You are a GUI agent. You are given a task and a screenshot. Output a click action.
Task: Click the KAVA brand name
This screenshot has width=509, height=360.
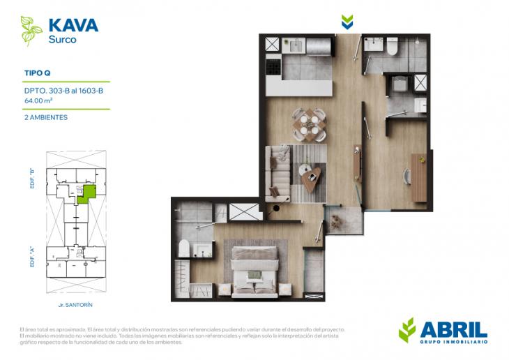click(73, 26)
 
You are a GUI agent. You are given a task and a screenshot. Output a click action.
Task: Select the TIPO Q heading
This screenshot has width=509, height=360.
click(38, 72)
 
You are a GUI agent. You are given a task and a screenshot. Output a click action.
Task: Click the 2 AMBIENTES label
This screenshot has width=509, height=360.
click(46, 117)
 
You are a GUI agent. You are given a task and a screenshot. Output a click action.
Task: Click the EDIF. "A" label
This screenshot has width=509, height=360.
click(33, 251)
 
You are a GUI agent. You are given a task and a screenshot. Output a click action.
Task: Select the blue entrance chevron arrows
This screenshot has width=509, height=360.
click(347, 22)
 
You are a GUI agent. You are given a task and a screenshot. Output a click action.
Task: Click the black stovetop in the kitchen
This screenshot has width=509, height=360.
click(272, 66)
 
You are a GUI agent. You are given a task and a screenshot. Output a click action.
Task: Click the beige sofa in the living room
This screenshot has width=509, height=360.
click(280, 171)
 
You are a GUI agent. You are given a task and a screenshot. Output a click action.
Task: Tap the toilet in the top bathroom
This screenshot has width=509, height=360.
click(392, 46)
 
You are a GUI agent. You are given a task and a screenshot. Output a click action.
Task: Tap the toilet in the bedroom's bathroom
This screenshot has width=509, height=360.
click(185, 250)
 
